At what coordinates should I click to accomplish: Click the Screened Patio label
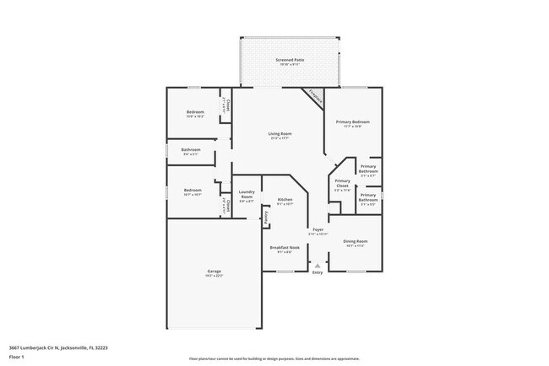click(x=290, y=61)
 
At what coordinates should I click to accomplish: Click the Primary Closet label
click(x=342, y=183)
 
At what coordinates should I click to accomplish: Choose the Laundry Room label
click(x=247, y=194)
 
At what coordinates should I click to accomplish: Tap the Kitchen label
click(x=285, y=200)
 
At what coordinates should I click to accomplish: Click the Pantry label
click(x=265, y=217)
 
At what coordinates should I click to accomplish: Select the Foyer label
click(x=318, y=229)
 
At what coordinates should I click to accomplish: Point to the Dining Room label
click(x=355, y=241)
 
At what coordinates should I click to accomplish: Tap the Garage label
click(x=215, y=271)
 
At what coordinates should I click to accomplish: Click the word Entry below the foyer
click(x=318, y=272)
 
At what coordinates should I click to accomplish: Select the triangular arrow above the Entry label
click(x=318, y=265)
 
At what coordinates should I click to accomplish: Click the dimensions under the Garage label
click(x=215, y=276)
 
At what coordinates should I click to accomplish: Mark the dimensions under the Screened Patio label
click(x=290, y=66)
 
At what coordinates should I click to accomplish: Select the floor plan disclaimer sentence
click(x=274, y=359)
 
